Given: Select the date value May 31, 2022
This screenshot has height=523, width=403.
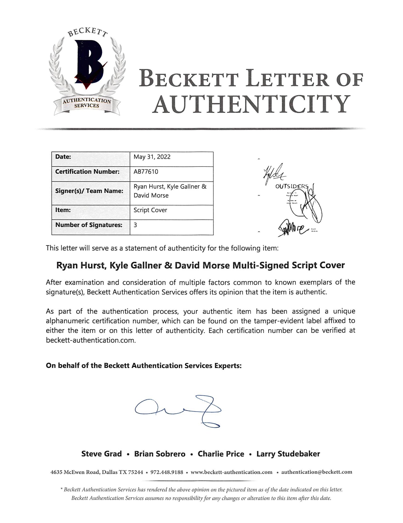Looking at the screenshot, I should coord(152,157).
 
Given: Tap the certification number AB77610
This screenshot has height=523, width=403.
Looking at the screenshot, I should coord(146,171).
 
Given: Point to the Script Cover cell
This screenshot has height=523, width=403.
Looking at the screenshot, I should coord(150,210).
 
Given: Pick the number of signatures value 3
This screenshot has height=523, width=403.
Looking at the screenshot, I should coord(135,225).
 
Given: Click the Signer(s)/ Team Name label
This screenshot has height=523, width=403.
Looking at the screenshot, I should coord(89,191).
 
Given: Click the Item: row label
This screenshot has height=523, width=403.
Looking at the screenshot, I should coord(63,210).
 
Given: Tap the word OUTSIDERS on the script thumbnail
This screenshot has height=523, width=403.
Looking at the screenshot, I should coord(292,186).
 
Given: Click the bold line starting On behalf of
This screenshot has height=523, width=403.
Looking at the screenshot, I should coord(144,365).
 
